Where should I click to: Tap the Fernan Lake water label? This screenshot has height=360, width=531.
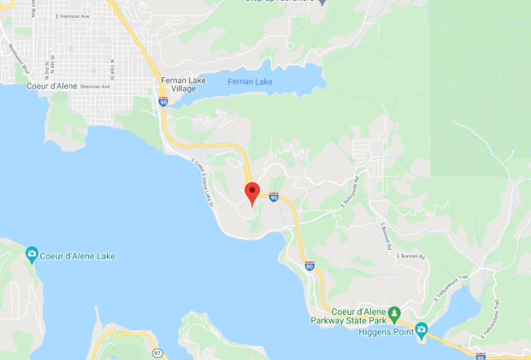tap(250, 82)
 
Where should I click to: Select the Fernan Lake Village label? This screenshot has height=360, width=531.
tap(182, 84)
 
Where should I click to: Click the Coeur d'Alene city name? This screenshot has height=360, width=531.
tap(50, 86)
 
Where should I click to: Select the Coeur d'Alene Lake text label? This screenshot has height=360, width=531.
tap(78, 256)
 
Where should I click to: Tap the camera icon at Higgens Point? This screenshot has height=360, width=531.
tap(421, 330)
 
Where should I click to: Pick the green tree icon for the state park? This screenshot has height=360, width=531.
tap(395, 312)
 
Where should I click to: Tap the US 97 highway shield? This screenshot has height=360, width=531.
tap(156, 351)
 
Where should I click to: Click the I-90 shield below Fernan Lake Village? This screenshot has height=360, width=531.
tap(163, 102)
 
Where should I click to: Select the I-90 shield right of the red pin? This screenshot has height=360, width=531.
tap(274, 197)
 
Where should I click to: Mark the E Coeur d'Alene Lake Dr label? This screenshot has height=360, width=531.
tap(203, 182)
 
